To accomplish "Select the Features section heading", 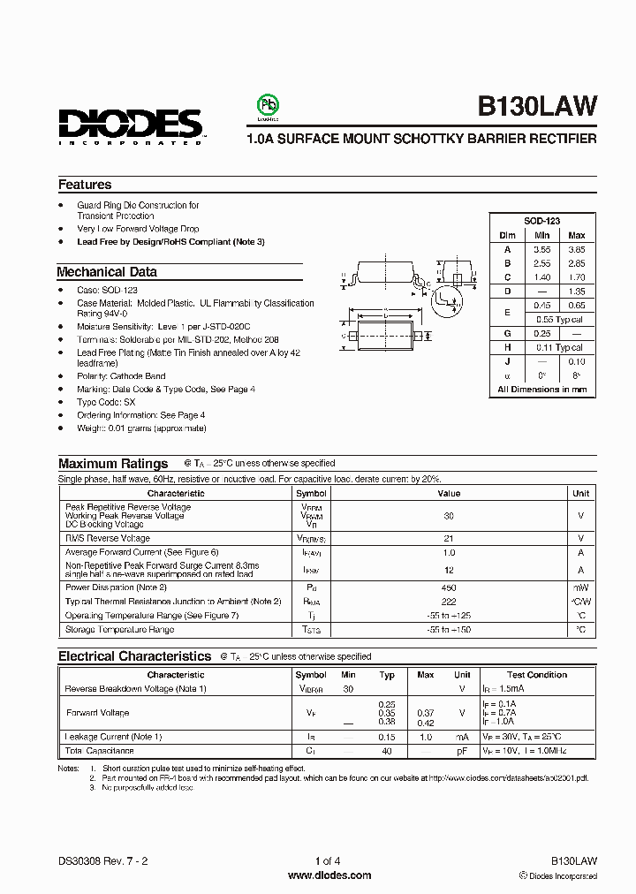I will [85, 185].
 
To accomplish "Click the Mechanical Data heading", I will [107, 272].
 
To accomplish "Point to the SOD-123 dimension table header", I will [541, 221].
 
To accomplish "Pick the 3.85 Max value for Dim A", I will [576, 249].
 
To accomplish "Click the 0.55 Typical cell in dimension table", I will [559, 318].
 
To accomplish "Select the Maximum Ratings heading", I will [113, 463].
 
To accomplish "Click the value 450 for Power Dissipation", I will [449, 587].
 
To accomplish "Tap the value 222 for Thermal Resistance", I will [449, 601].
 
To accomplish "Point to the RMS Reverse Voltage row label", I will [108, 538].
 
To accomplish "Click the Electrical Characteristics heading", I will [134, 656].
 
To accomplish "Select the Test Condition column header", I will [537, 675].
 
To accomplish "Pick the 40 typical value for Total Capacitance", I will [387, 751].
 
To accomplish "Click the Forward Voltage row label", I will [98, 712].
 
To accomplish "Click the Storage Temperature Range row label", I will [120, 630].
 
